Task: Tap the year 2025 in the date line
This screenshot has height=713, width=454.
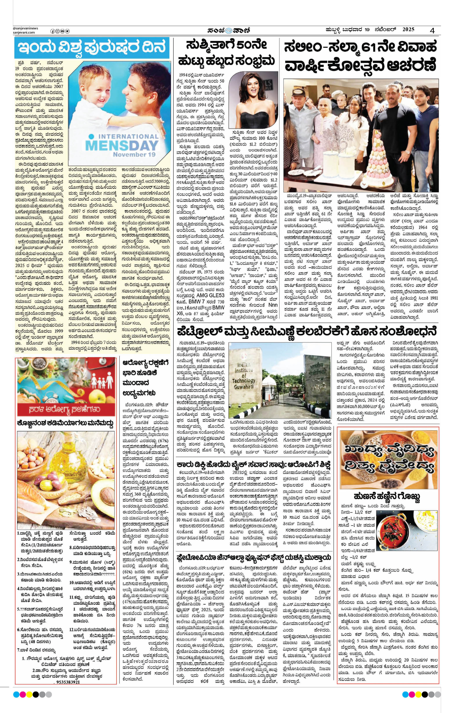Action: (408, 30)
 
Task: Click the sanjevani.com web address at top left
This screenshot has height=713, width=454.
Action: (24, 32)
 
